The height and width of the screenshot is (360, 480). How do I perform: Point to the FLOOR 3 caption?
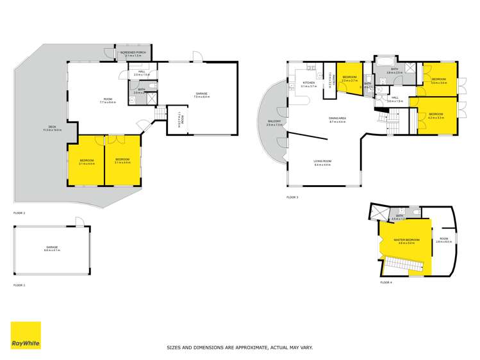pos(292,197)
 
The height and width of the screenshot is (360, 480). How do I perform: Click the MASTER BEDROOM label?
pos(407,241)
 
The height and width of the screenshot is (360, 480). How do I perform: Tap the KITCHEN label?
pos(308,84)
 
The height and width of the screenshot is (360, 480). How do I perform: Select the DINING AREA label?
pos(338,119)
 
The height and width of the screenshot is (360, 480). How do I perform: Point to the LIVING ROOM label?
pos(322,162)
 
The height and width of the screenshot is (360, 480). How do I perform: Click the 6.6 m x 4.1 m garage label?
pos(52,247)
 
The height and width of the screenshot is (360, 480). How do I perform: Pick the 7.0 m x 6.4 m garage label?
pos(201,95)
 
